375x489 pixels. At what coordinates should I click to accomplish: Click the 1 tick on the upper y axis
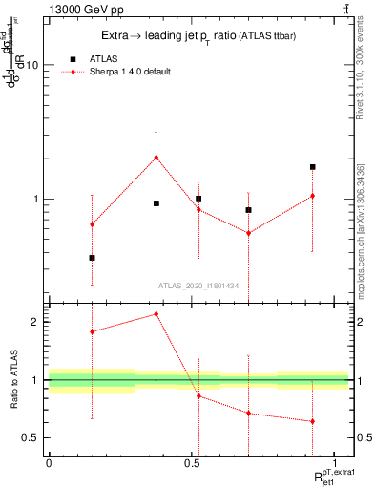tap(34, 200)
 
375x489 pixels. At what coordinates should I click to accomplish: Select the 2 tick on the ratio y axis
tap(34, 322)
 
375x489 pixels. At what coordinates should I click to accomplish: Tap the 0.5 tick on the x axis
tap(192, 463)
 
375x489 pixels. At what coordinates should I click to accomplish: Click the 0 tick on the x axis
tap(49, 463)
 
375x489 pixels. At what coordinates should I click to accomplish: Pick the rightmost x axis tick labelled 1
tap(335, 463)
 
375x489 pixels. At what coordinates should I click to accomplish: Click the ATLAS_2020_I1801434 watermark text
tap(198, 286)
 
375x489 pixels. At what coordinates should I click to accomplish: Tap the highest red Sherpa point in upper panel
tap(156, 158)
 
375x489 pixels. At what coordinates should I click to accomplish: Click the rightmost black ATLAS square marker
tap(312, 167)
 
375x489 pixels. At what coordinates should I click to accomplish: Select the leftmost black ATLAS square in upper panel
tap(92, 258)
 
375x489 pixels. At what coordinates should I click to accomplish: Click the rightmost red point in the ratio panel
tap(312, 421)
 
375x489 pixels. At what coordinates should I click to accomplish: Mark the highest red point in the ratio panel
tap(156, 313)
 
